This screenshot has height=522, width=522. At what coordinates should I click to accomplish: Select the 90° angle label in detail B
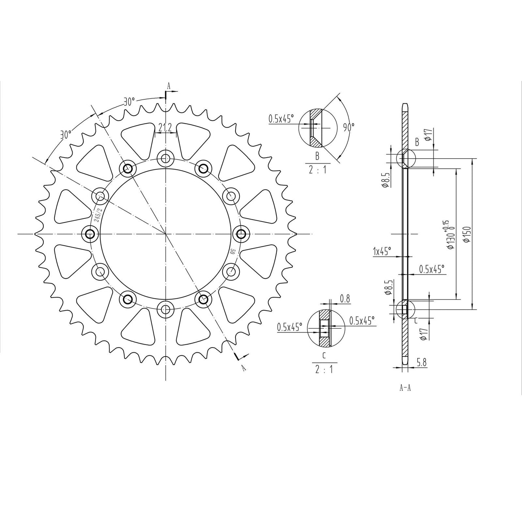pos(349,127)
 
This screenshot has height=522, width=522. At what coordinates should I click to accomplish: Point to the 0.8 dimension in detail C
pos(345,298)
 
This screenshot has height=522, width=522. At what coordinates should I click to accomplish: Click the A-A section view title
pos(405,388)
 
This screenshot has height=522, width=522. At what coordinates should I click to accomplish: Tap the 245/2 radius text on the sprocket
pos(96,215)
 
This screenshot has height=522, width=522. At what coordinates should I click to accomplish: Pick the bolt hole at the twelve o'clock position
pos(165,158)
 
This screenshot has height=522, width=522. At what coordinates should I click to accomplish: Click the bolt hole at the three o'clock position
pos(241,234)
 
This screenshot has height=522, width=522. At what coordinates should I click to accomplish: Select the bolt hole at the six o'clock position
pos(165,309)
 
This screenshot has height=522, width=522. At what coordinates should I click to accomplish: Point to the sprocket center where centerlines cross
pos(165,234)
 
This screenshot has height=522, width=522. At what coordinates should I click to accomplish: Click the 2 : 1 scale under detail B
pos(317,169)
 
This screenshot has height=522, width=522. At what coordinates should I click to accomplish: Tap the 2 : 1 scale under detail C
pos(324,370)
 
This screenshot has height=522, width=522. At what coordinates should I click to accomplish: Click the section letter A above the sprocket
pos(168,86)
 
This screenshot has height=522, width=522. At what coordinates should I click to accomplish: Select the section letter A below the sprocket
pos(243,368)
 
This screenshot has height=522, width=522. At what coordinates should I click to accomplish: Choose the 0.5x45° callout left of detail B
pos(281,118)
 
